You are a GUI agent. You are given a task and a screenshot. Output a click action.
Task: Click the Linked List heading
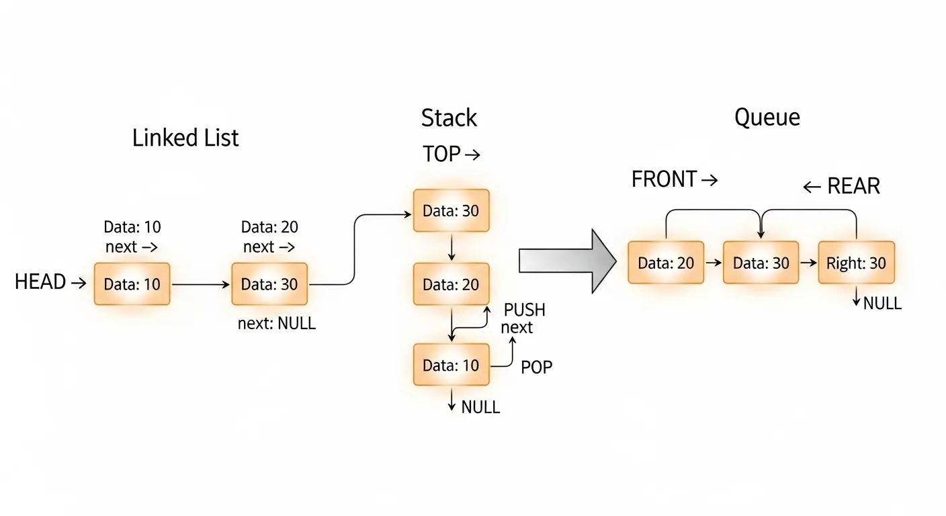pyautogui.click(x=185, y=138)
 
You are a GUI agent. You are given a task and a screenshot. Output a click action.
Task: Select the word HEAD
pyautogui.click(x=40, y=282)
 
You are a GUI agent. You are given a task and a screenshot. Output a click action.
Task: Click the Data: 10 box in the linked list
pyautogui.click(x=132, y=284)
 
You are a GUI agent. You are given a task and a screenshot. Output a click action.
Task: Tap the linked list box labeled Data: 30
pyautogui.click(x=269, y=284)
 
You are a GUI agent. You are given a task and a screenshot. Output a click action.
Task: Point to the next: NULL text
pyautogui.click(x=277, y=324)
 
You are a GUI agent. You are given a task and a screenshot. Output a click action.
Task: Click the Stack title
pyautogui.click(x=449, y=118)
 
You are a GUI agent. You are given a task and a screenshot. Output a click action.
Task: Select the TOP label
pyautogui.click(x=442, y=155)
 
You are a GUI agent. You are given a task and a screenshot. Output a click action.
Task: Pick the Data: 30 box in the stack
pyautogui.click(x=451, y=211)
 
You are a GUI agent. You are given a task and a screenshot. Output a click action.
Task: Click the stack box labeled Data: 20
pyautogui.click(x=451, y=285)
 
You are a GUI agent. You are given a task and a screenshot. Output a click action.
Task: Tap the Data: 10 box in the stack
pyautogui.click(x=451, y=365)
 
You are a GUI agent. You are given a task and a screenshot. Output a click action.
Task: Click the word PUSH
pyautogui.click(x=525, y=310)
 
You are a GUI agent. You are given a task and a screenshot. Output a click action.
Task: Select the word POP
pyautogui.click(x=537, y=367)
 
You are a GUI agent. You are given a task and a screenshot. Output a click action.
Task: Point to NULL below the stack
pyautogui.click(x=480, y=407)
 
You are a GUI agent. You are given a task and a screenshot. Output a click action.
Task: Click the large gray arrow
pyautogui.click(x=568, y=261)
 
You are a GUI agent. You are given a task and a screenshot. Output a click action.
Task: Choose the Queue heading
pyautogui.click(x=767, y=118)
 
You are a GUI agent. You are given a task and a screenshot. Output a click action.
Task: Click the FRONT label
pyautogui.click(x=664, y=179)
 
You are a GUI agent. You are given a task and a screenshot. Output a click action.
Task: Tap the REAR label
pyautogui.click(x=853, y=186)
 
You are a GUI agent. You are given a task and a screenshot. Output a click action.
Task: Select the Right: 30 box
pyautogui.click(x=856, y=263)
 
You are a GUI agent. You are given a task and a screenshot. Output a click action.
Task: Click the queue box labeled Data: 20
pyautogui.click(x=666, y=263)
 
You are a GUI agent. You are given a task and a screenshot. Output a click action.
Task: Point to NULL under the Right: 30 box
pyautogui.click(x=882, y=303)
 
